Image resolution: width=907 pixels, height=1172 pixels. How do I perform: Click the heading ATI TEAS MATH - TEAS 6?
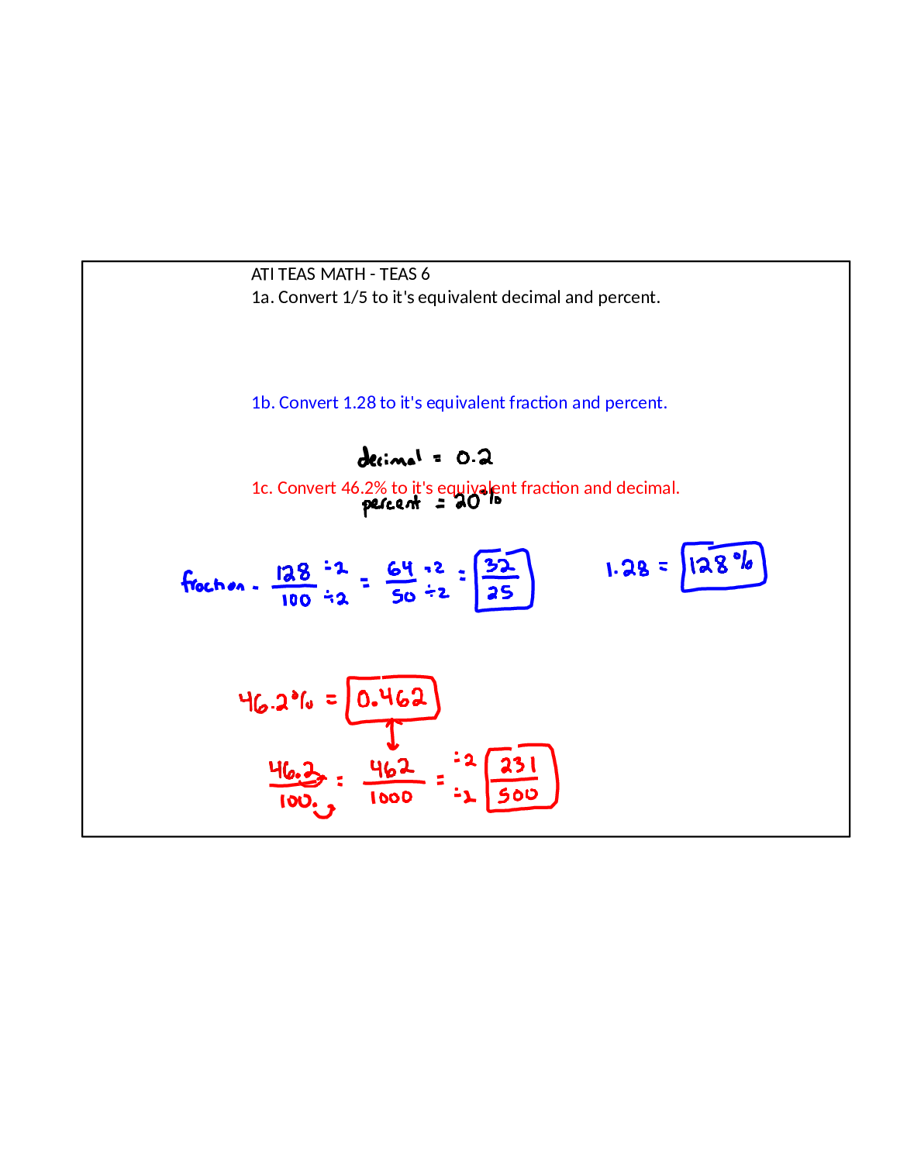[x=340, y=274]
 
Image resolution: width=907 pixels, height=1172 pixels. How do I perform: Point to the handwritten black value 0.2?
[x=474, y=458]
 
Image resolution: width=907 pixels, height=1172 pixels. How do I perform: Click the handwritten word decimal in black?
[x=389, y=457]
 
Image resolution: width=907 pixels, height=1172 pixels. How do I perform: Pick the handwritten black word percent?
[x=391, y=505]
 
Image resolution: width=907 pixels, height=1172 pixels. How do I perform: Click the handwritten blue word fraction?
[x=212, y=581]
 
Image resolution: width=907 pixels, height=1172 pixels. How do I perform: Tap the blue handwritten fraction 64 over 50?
[x=402, y=582]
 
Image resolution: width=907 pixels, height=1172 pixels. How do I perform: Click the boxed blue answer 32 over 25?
[x=504, y=581]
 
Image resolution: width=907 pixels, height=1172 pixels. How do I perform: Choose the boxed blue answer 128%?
[x=723, y=567]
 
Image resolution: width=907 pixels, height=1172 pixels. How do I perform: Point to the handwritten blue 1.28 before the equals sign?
[x=627, y=568]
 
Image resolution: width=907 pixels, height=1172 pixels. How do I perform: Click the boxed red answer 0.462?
[x=393, y=699]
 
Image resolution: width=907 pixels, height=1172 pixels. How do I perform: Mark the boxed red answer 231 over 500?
[x=522, y=778]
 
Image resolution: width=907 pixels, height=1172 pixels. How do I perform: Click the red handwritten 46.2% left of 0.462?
[x=276, y=701]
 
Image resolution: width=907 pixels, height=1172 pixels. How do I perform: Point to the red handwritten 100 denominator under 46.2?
[x=296, y=801]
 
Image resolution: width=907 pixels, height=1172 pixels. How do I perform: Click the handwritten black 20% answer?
[x=478, y=502]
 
